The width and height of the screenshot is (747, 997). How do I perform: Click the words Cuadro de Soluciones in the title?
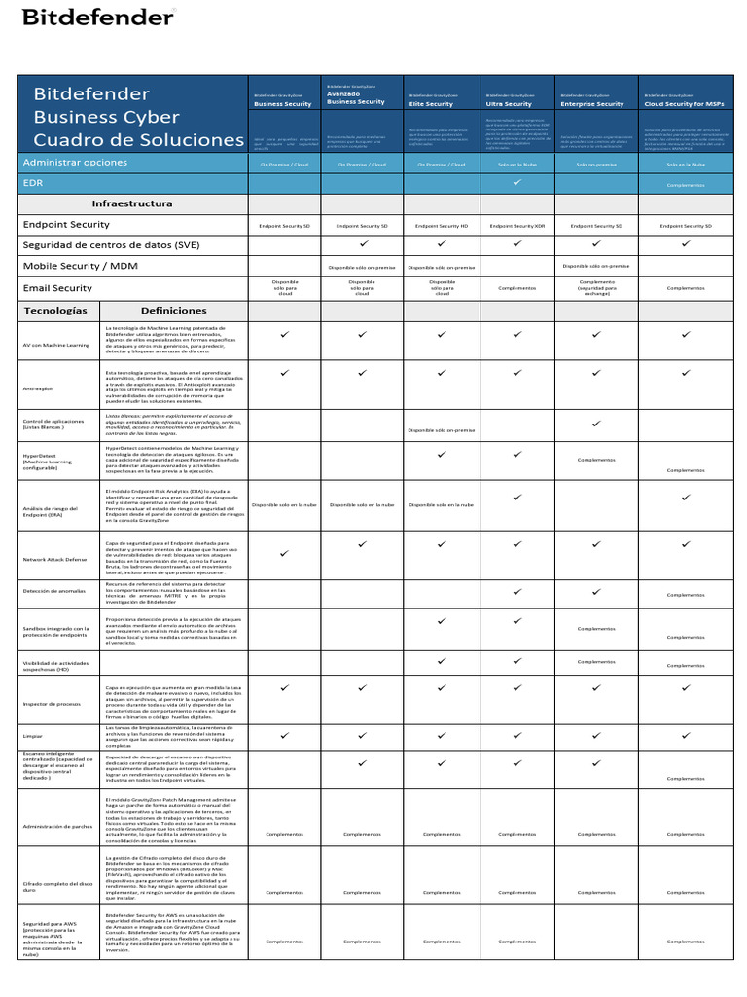coord(139,140)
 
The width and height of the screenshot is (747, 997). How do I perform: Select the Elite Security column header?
coord(431,103)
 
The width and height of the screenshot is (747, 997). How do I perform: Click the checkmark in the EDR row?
coord(517,182)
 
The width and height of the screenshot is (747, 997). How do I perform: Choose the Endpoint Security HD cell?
coord(442,225)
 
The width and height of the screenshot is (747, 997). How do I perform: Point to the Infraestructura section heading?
coord(131,203)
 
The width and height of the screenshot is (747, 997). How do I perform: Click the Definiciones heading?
coord(173,310)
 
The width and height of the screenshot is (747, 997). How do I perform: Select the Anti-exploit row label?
coord(41,387)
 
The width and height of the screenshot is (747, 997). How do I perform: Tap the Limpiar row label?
coord(34,736)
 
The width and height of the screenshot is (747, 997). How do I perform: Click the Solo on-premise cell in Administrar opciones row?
coord(596,165)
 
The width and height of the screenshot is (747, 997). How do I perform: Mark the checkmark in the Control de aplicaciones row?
coord(595,424)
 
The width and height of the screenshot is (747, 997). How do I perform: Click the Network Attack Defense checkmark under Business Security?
coord(285,553)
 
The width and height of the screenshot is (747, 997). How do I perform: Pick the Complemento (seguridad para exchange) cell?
coord(596,287)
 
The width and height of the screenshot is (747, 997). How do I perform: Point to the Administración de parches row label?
coord(56,825)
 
